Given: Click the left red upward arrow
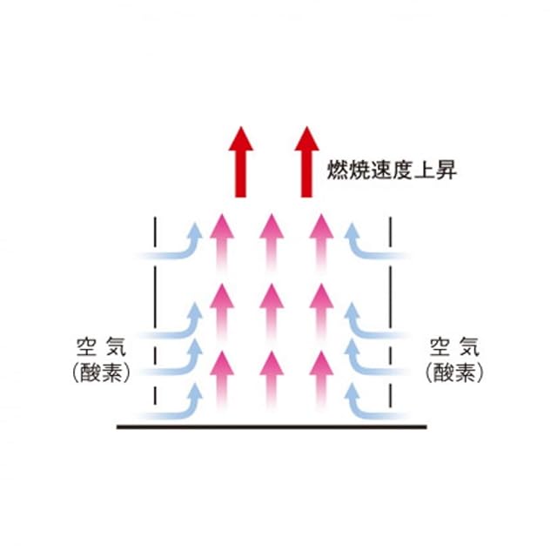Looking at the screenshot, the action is (x=240, y=163).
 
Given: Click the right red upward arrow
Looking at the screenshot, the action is (x=305, y=163).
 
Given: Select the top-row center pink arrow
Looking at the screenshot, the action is (x=272, y=239).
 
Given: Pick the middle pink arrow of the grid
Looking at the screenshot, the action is (x=272, y=309).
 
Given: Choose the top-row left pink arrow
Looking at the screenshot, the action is (x=221, y=239).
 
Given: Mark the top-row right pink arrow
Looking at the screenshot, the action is (x=322, y=239).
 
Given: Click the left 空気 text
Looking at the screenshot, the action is (x=102, y=348).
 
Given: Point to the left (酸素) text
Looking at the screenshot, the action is (x=102, y=372).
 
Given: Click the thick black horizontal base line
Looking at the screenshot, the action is (x=272, y=426).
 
